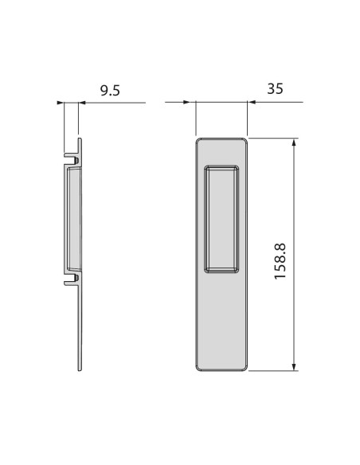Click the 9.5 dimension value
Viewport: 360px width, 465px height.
pos(110,91)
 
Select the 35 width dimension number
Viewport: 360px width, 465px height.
pos(276,89)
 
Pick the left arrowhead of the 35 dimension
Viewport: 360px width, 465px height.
pos(190,103)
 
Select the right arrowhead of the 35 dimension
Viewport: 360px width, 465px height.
pos(252,103)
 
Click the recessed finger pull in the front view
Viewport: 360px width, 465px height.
pos(221,219)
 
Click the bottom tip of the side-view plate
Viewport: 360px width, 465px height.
pos(80,369)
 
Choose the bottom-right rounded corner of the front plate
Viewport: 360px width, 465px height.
pos(245,368)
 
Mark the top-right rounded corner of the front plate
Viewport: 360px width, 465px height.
pos(245,141)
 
